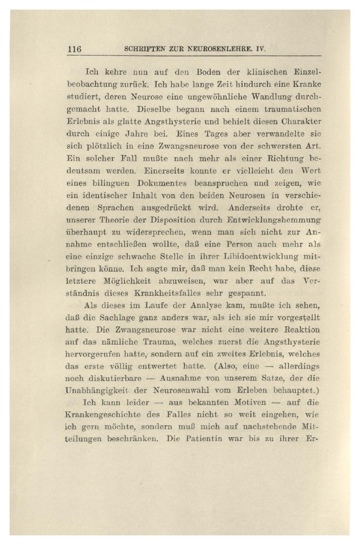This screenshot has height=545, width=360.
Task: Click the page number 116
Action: [74, 49]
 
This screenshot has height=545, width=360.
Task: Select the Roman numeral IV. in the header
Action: [261, 49]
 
